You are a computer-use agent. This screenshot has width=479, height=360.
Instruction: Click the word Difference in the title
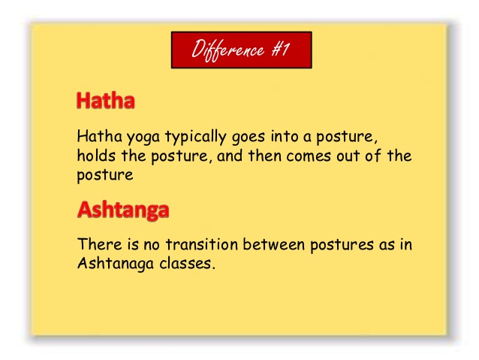click(227, 50)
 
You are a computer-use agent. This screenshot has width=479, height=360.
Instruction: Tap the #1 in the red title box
click(281, 50)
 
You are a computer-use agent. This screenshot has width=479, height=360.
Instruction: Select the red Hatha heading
click(105, 100)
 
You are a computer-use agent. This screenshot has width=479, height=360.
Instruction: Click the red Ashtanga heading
click(123, 210)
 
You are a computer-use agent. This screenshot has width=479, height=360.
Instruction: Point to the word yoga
click(143, 137)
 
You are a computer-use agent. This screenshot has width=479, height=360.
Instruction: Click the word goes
click(249, 137)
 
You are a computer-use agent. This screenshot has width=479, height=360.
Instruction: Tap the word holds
click(96, 155)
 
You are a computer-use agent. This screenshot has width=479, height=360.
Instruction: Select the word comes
click(309, 156)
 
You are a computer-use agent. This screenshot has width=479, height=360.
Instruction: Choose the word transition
click(202, 244)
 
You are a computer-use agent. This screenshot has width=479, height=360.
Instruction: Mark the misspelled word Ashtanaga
click(116, 264)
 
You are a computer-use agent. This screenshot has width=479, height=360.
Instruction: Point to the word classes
click(185, 263)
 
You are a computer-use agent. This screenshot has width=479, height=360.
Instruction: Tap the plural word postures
click(342, 245)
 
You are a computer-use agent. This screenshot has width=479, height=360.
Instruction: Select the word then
click(264, 156)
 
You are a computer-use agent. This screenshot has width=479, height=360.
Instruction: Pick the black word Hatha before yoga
click(100, 136)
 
